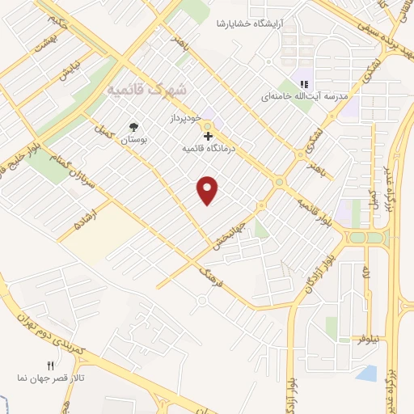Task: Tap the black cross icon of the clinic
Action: click(209, 136)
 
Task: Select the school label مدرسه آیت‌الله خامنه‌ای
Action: click(303, 96)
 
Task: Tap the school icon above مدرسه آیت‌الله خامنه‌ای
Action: click(304, 83)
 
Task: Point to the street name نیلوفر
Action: click(370, 340)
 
